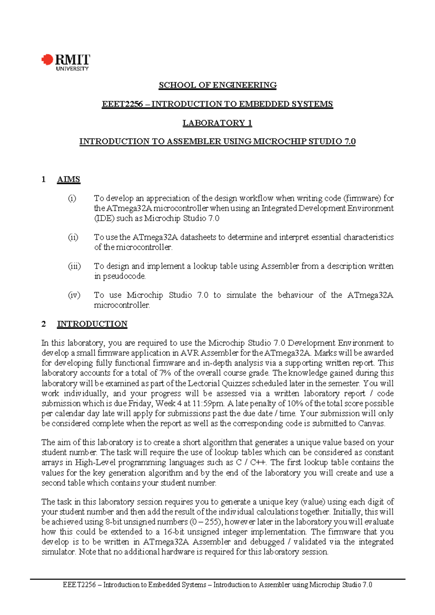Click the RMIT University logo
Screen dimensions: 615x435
point(65,62)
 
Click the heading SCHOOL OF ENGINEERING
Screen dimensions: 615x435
point(217,85)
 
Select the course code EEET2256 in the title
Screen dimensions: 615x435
point(122,104)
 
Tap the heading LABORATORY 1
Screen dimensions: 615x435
point(217,123)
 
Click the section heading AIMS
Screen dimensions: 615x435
point(69,180)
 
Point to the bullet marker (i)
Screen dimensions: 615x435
point(72,198)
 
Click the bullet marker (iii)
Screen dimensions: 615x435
point(74,266)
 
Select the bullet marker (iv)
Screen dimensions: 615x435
point(74,295)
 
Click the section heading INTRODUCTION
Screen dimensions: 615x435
point(92,324)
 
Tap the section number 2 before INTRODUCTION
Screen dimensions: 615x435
point(44,324)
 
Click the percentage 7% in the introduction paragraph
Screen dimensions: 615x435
point(165,373)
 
